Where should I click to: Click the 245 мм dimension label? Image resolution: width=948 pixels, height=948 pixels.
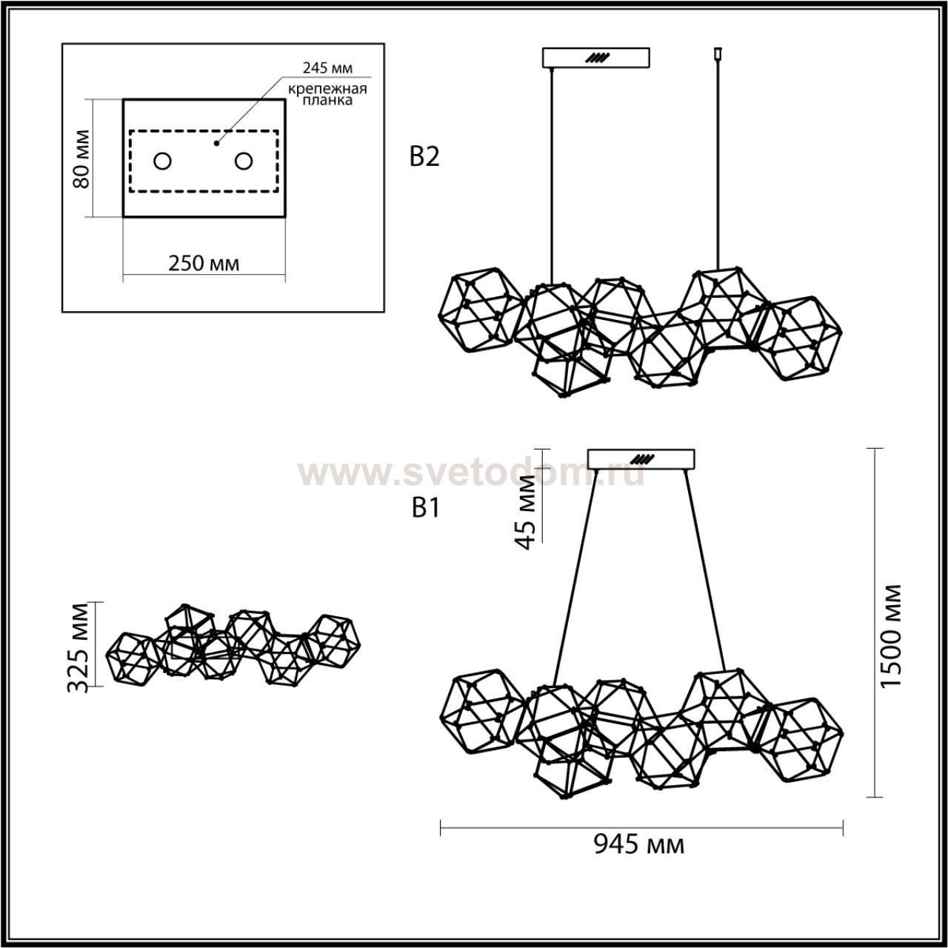pyautogui.click(x=327, y=68)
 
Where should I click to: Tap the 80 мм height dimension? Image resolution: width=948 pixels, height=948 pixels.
pyautogui.click(x=81, y=159)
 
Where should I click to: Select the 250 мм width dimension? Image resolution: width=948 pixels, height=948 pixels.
pyautogui.click(x=204, y=264)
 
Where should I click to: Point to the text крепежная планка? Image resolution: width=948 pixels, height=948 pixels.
pyautogui.click(x=327, y=95)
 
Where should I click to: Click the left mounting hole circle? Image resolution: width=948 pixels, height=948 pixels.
pyautogui.click(x=162, y=161)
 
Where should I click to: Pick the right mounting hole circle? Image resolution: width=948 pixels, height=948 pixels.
pyautogui.click(x=244, y=161)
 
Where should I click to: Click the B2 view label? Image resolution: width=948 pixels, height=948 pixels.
pyautogui.click(x=424, y=158)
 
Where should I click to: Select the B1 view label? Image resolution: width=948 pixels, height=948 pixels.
pyautogui.click(x=425, y=509)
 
